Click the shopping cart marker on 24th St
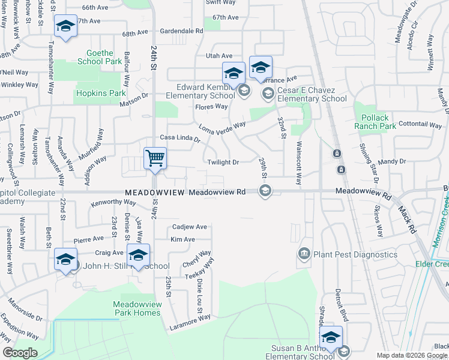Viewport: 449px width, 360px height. (155, 159)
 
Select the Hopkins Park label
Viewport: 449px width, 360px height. (100, 93)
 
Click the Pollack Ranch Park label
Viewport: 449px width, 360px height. (375, 122)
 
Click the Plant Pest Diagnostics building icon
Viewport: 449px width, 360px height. (304, 254)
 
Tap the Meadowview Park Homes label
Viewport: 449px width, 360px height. (137, 308)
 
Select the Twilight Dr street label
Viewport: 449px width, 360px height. (223, 162)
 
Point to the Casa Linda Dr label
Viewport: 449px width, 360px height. (179, 138)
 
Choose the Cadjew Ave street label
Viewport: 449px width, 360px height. (189, 227)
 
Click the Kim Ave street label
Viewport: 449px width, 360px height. (182, 239)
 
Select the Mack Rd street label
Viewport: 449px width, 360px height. (406, 219)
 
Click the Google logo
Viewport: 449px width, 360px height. (20, 353)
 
